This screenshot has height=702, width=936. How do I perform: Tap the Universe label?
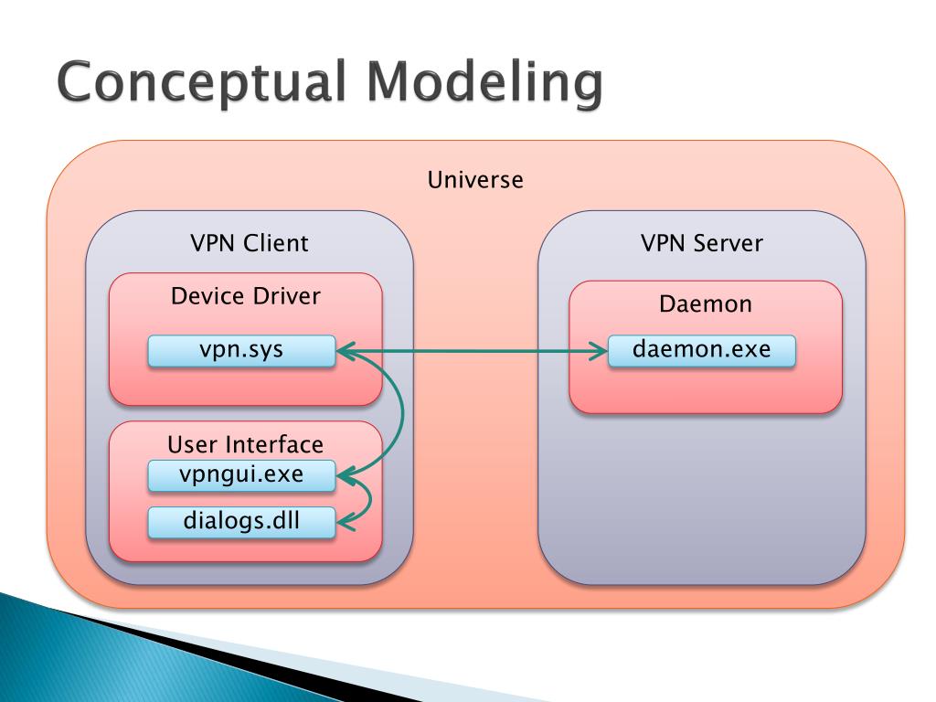click(x=475, y=180)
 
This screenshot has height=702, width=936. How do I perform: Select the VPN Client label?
click(x=249, y=243)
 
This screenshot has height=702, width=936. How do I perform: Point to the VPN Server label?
click(x=701, y=243)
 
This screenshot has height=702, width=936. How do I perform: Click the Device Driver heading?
click(x=245, y=296)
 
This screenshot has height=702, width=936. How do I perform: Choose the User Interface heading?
click(x=245, y=445)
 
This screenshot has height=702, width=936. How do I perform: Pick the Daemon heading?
click(x=705, y=303)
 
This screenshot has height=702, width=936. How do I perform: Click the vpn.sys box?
click(x=241, y=350)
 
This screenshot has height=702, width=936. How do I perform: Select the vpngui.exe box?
click(x=241, y=475)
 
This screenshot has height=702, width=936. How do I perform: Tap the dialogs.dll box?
click(x=241, y=522)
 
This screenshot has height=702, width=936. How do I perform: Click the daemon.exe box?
click(x=701, y=350)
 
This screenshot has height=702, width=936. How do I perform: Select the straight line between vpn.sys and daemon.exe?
click(x=473, y=351)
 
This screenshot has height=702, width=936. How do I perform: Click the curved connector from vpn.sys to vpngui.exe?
click(x=402, y=412)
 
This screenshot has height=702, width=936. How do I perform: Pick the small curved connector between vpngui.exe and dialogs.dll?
click(x=370, y=500)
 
